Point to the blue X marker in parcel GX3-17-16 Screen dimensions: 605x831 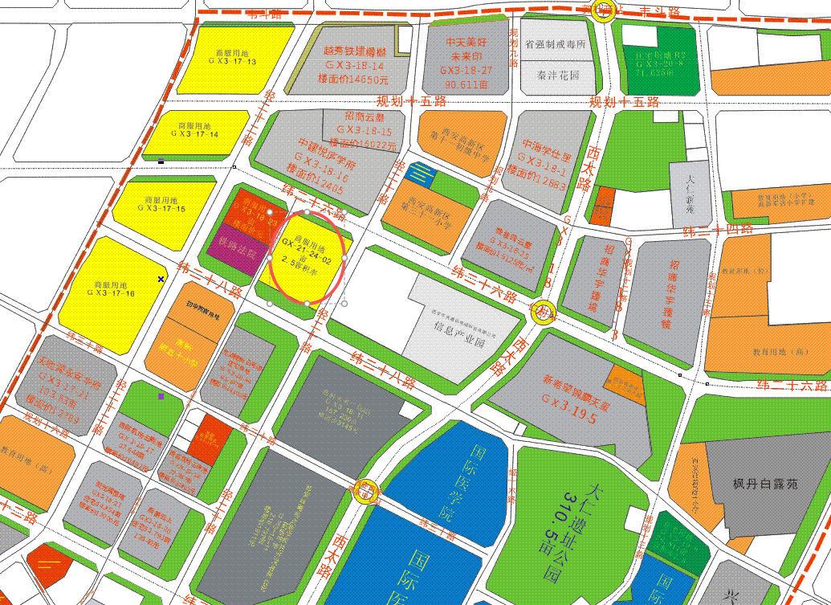[161, 279]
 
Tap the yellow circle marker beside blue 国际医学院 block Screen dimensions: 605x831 [366, 491]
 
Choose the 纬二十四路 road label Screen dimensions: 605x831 [717, 231]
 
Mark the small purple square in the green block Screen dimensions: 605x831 [161, 396]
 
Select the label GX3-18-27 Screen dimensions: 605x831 [466, 71]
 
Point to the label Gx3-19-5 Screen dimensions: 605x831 [569, 399]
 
